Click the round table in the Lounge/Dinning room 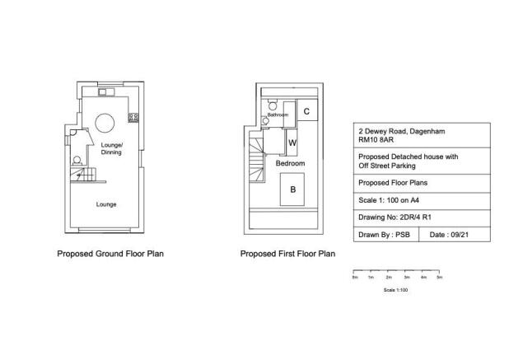tap(105, 123)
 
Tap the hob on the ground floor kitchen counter tap(133, 118)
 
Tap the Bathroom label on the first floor tap(278, 115)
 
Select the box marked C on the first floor tap(306, 111)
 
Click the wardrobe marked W tap(292, 143)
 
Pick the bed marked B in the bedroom tap(292, 189)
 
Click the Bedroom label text tap(291, 164)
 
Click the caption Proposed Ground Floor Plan tap(110, 254)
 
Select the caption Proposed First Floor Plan tap(287, 254)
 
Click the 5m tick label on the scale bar tap(440, 278)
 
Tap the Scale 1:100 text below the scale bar tap(396, 290)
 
